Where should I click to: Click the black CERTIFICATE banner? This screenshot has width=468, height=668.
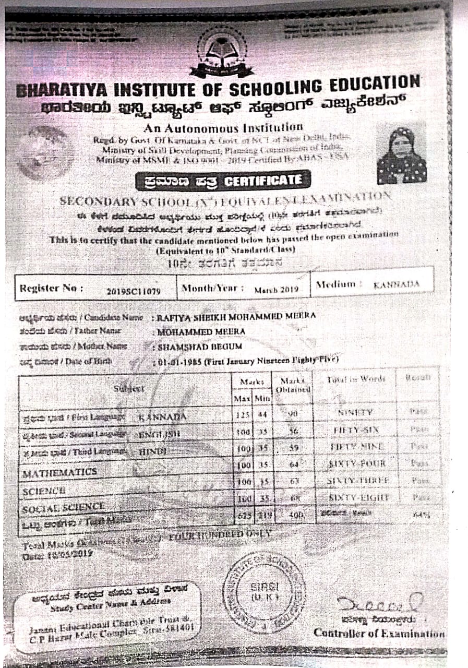click(222, 181)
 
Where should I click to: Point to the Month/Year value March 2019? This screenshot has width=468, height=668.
click(276, 289)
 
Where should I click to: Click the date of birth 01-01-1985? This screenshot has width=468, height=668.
click(177, 361)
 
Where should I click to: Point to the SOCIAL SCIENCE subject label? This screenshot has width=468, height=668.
click(63, 506)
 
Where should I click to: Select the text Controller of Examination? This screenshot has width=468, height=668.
click(379, 633)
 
